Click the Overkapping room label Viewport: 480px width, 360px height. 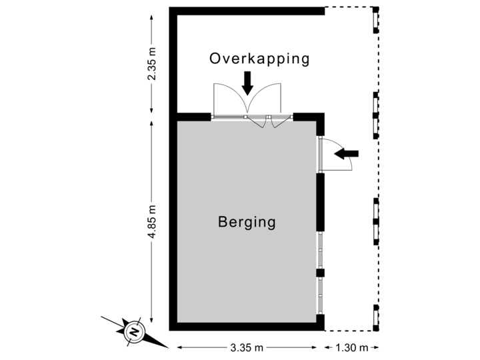coord(259,59)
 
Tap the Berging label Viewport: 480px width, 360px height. coord(247,222)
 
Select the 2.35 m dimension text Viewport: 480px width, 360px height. coord(153,63)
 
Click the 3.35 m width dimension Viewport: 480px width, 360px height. coord(247,347)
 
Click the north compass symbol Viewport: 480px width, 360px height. coord(133,330)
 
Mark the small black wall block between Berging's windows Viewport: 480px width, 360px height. coord(320,273)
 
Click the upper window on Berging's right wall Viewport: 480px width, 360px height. coord(321,250)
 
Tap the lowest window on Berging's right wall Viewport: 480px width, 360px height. coord(321,295)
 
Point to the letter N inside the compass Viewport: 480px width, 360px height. coord(133,331)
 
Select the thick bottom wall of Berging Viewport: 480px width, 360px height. coord(247,326)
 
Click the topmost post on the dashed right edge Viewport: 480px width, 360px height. coord(376,20)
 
